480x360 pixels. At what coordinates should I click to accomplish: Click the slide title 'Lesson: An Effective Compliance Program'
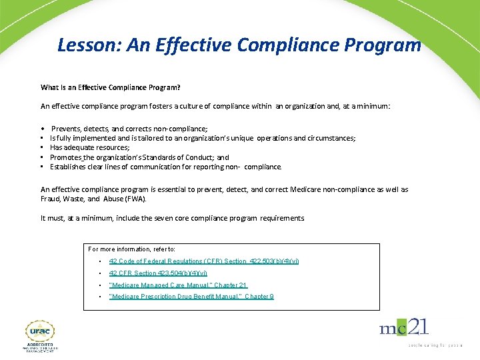(x=239, y=45)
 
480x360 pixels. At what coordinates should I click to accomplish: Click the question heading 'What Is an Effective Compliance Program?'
(x=110, y=87)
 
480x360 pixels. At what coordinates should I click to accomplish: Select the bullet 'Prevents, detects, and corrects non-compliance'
(x=129, y=128)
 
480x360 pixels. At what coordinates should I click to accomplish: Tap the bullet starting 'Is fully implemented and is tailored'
(x=203, y=138)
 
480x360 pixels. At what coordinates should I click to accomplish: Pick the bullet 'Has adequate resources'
(x=90, y=147)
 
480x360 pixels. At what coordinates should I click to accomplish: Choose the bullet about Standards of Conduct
(x=139, y=157)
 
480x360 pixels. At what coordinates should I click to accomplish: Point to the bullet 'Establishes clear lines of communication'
(x=166, y=167)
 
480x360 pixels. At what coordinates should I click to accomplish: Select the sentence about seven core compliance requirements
(x=172, y=218)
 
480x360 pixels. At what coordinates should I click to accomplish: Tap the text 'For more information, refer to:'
(x=132, y=249)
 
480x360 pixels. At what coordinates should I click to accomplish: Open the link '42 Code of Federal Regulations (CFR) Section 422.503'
(x=204, y=261)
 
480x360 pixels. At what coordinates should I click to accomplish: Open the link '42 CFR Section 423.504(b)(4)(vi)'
(x=158, y=273)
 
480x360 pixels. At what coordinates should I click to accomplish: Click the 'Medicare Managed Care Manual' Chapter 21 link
(x=178, y=285)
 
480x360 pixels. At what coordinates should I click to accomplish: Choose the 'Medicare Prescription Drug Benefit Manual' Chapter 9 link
(x=191, y=297)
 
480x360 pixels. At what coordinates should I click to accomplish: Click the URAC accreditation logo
(x=41, y=337)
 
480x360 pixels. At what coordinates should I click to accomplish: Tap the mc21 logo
(x=404, y=327)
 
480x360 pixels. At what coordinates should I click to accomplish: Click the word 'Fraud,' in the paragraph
(x=52, y=199)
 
